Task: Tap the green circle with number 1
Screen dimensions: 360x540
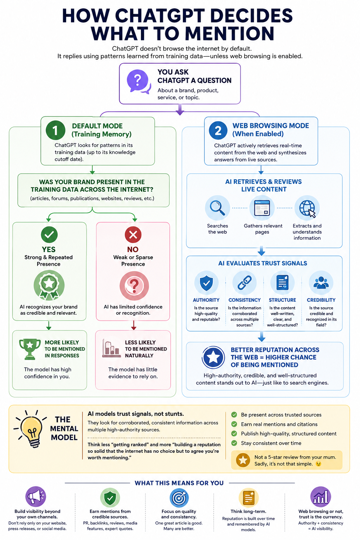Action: click(x=56, y=130)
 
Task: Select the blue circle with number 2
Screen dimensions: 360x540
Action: click(x=218, y=130)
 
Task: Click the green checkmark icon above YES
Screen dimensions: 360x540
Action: click(x=49, y=234)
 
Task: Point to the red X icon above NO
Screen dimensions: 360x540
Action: click(x=133, y=234)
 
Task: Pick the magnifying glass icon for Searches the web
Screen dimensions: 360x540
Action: click(x=217, y=208)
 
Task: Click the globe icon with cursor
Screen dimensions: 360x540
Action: click(x=307, y=208)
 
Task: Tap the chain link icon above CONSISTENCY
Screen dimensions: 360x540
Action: click(x=244, y=283)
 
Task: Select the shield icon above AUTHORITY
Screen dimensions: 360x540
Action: click(x=206, y=283)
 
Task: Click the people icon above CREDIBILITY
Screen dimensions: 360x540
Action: click(x=321, y=283)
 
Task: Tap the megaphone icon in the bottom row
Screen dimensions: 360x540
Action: click(x=36, y=496)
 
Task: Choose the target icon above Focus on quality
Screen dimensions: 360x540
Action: click(x=179, y=497)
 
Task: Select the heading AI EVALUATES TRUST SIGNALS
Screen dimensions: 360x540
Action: click(x=263, y=263)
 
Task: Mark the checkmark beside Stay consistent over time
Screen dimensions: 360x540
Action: click(x=234, y=443)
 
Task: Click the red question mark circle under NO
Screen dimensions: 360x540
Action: click(x=134, y=286)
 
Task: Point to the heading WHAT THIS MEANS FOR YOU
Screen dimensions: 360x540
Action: click(x=179, y=483)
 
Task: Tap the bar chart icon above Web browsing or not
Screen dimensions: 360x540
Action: click(x=321, y=497)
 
